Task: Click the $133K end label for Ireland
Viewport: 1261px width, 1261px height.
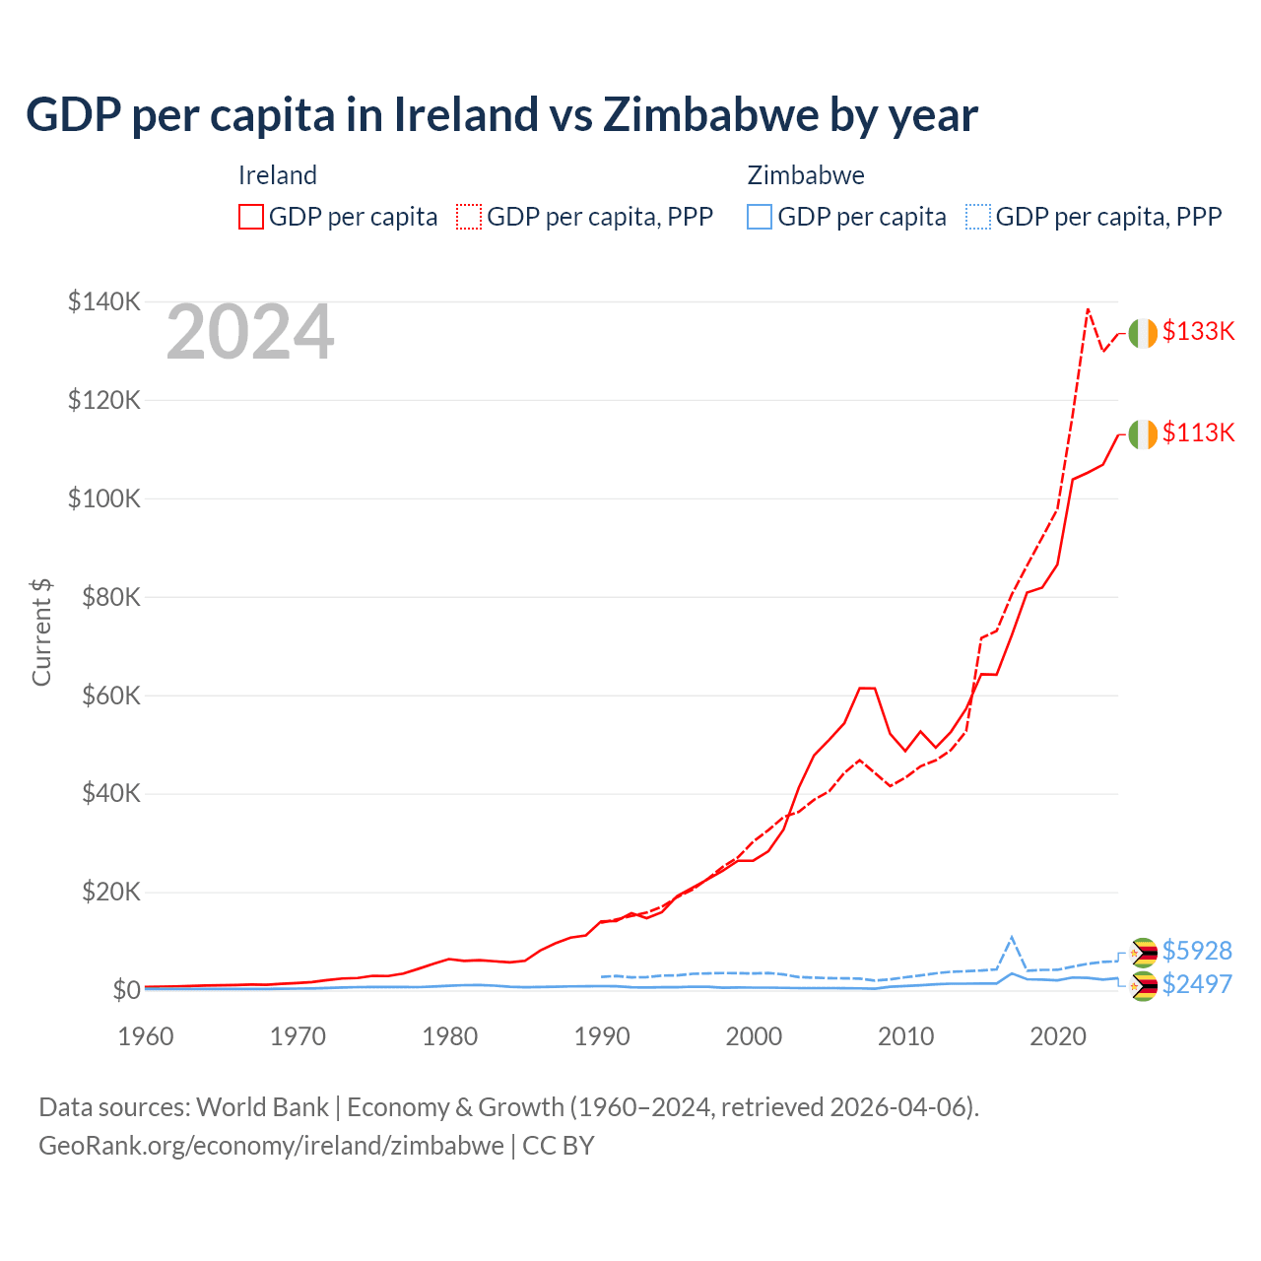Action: tap(1198, 331)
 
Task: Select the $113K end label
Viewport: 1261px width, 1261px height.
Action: tap(1198, 432)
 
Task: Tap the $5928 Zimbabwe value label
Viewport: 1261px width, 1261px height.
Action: tap(1197, 951)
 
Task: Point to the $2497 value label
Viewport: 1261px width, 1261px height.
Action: tap(1197, 984)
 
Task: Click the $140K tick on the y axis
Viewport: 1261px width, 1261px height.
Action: tap(103, 301)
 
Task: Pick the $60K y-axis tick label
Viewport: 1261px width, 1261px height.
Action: tap(109, 696)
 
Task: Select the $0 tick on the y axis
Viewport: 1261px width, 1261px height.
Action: tap(125, 990)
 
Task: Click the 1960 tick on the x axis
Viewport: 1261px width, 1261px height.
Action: tap(146, 1036)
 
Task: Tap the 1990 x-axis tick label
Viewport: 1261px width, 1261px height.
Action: tap(602, 1036)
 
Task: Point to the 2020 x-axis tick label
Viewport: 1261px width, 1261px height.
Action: tap(1058, 1036)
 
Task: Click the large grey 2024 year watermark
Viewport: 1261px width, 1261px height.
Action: tap(250, 333)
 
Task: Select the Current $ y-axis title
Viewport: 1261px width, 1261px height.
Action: tap(41, 632)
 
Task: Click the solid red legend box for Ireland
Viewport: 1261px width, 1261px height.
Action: tap(251, 217)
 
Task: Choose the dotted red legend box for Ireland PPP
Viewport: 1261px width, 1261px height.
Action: tap(469, 217)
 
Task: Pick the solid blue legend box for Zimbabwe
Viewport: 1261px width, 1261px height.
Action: tap(760, 217)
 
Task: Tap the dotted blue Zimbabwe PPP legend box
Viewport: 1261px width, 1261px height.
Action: tap(978, 217)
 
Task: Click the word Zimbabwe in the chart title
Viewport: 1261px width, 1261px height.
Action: tap(709, 114)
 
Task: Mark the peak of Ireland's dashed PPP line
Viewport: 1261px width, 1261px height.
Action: tap(1088, 309)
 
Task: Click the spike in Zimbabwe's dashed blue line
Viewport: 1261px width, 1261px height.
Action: tap(1012, 937)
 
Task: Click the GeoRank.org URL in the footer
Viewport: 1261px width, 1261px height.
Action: tap(271, 1146)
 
